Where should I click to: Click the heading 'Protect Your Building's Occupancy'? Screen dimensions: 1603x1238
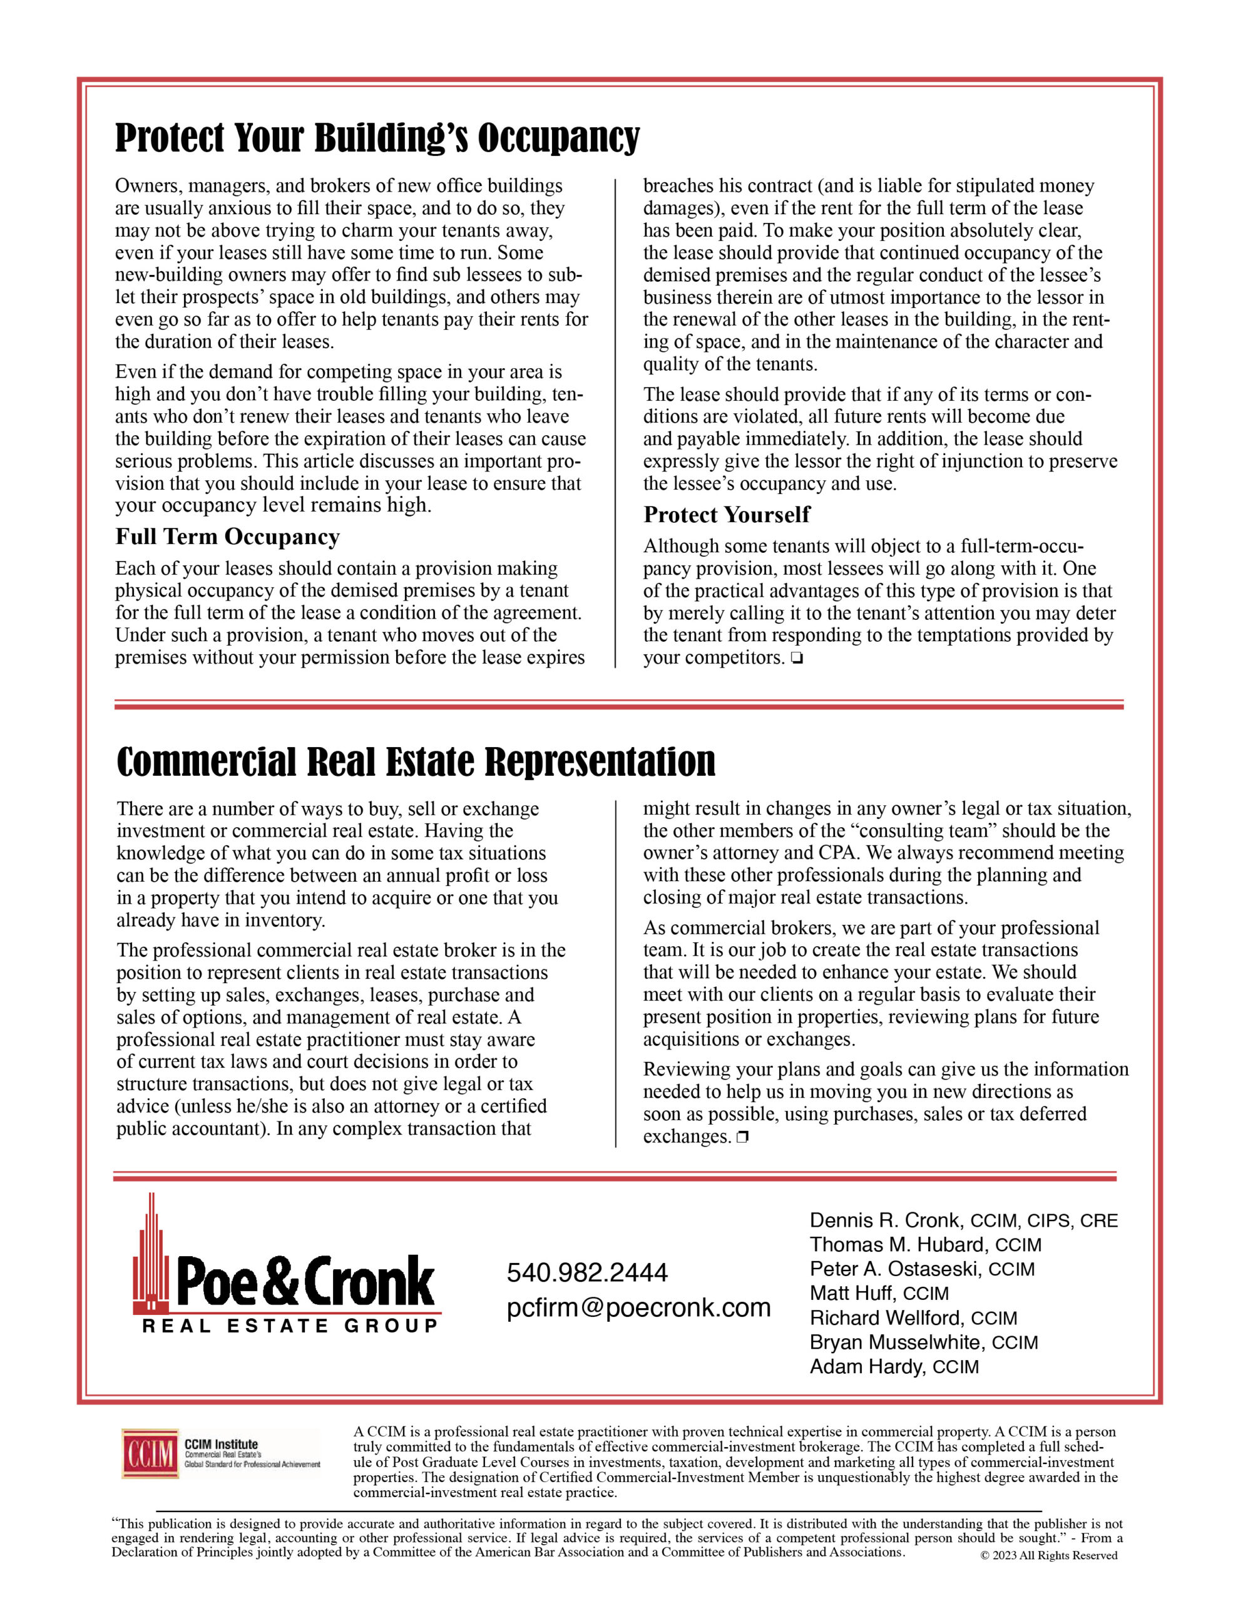click(377, 138)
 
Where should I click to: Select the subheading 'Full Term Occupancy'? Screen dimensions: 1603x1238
click(227, 537)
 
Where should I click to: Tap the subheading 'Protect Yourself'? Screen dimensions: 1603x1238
click(727, 515)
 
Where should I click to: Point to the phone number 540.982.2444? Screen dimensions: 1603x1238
click(587, 1272)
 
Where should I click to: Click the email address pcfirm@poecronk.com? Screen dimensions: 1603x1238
click(638, 1307)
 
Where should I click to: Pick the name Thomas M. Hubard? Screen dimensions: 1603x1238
click(897, 1245)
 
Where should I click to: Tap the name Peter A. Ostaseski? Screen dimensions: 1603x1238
click(894, 1269)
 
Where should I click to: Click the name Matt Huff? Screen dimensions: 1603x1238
click(851, 1293)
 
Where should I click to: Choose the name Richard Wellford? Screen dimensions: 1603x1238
click(884, 1317)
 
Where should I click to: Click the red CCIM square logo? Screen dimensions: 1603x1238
click(150, 1453)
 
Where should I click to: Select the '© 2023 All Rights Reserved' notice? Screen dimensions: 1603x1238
click(1048, 1555)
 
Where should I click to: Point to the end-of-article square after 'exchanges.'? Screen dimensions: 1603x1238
click(743, 1138)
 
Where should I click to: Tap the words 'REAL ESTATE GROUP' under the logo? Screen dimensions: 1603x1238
click(290, 1326)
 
